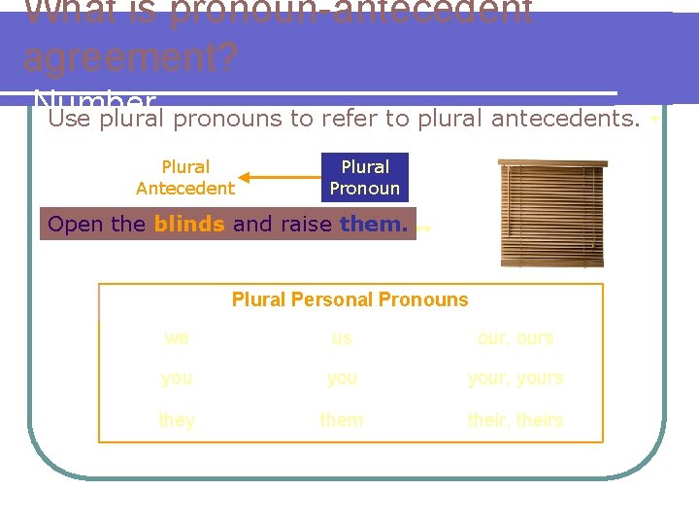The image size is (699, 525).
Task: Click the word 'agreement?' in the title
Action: (x=129, y=58)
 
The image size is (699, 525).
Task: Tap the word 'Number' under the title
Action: (x=93, y=100)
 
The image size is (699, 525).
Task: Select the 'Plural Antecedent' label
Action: (x=185, y=178)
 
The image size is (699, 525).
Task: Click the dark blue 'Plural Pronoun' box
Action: (x=365, y=178)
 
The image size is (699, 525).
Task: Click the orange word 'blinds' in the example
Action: (x=189, y=224)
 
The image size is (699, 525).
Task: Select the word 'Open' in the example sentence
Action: (x=75, y=224)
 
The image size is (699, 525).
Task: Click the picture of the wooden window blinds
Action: (x=549, y=212)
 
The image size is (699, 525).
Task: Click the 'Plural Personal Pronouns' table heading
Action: (x=349, y=299)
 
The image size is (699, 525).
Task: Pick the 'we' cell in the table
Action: (x=177, y=338)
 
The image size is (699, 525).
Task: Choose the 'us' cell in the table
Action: (x=342, y=338)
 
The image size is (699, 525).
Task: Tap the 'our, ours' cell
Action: (x=516, y=338)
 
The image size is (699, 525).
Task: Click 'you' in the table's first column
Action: (x=177, y=378)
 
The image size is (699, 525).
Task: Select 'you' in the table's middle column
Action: (x=342, y=378)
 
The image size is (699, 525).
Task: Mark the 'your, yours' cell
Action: (x=516, y=378)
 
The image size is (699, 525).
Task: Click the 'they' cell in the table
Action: (x=177, y=420)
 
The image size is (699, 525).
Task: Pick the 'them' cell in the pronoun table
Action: (x=342, y=420)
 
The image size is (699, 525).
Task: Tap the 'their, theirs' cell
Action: (x=516, y=420)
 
